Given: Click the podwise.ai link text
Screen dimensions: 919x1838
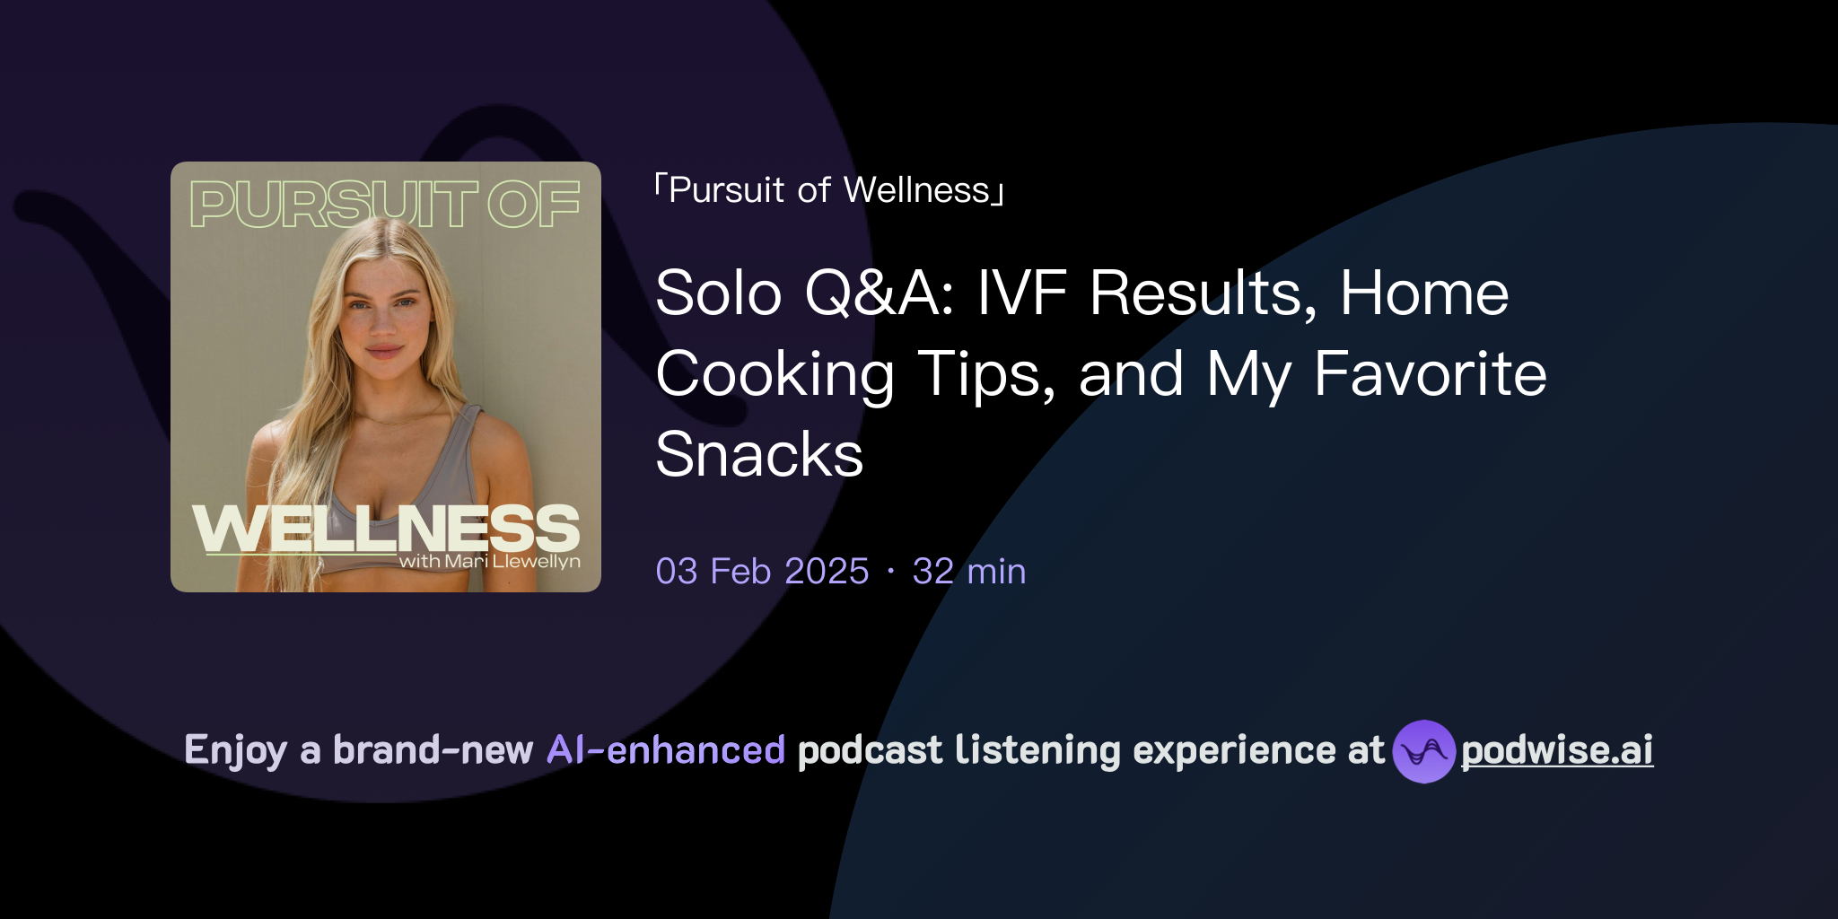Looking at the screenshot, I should pos(1557,750).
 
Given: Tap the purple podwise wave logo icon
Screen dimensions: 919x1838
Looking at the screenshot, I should pos(1423,751).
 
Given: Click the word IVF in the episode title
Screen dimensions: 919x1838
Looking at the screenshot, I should pos(1021,293).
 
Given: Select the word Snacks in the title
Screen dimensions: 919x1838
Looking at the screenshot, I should pos(759,454).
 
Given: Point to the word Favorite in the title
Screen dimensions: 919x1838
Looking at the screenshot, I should pos(1430,373).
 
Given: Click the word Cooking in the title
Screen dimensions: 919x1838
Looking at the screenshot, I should pos(775,375).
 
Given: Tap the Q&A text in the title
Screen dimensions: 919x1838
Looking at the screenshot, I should pos(880,294).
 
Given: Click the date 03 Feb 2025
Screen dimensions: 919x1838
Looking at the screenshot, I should pos(762,571).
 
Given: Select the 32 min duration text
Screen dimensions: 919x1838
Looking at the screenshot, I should pos(969,571).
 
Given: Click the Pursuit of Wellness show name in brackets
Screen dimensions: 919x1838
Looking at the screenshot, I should pos(829,190).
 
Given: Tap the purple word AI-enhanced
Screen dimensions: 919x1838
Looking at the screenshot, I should pos(666,750).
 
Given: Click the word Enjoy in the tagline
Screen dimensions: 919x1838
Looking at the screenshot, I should pos(235,750).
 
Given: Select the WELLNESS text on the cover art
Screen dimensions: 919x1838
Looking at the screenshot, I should pos(386,529).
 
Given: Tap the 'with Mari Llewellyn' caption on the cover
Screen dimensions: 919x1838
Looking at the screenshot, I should pos(489,562).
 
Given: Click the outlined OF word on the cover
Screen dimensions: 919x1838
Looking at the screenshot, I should pos(534,204).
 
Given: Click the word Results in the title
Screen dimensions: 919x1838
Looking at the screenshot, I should pos(1203,294).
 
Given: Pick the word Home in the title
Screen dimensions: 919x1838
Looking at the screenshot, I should pos(1423,293).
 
